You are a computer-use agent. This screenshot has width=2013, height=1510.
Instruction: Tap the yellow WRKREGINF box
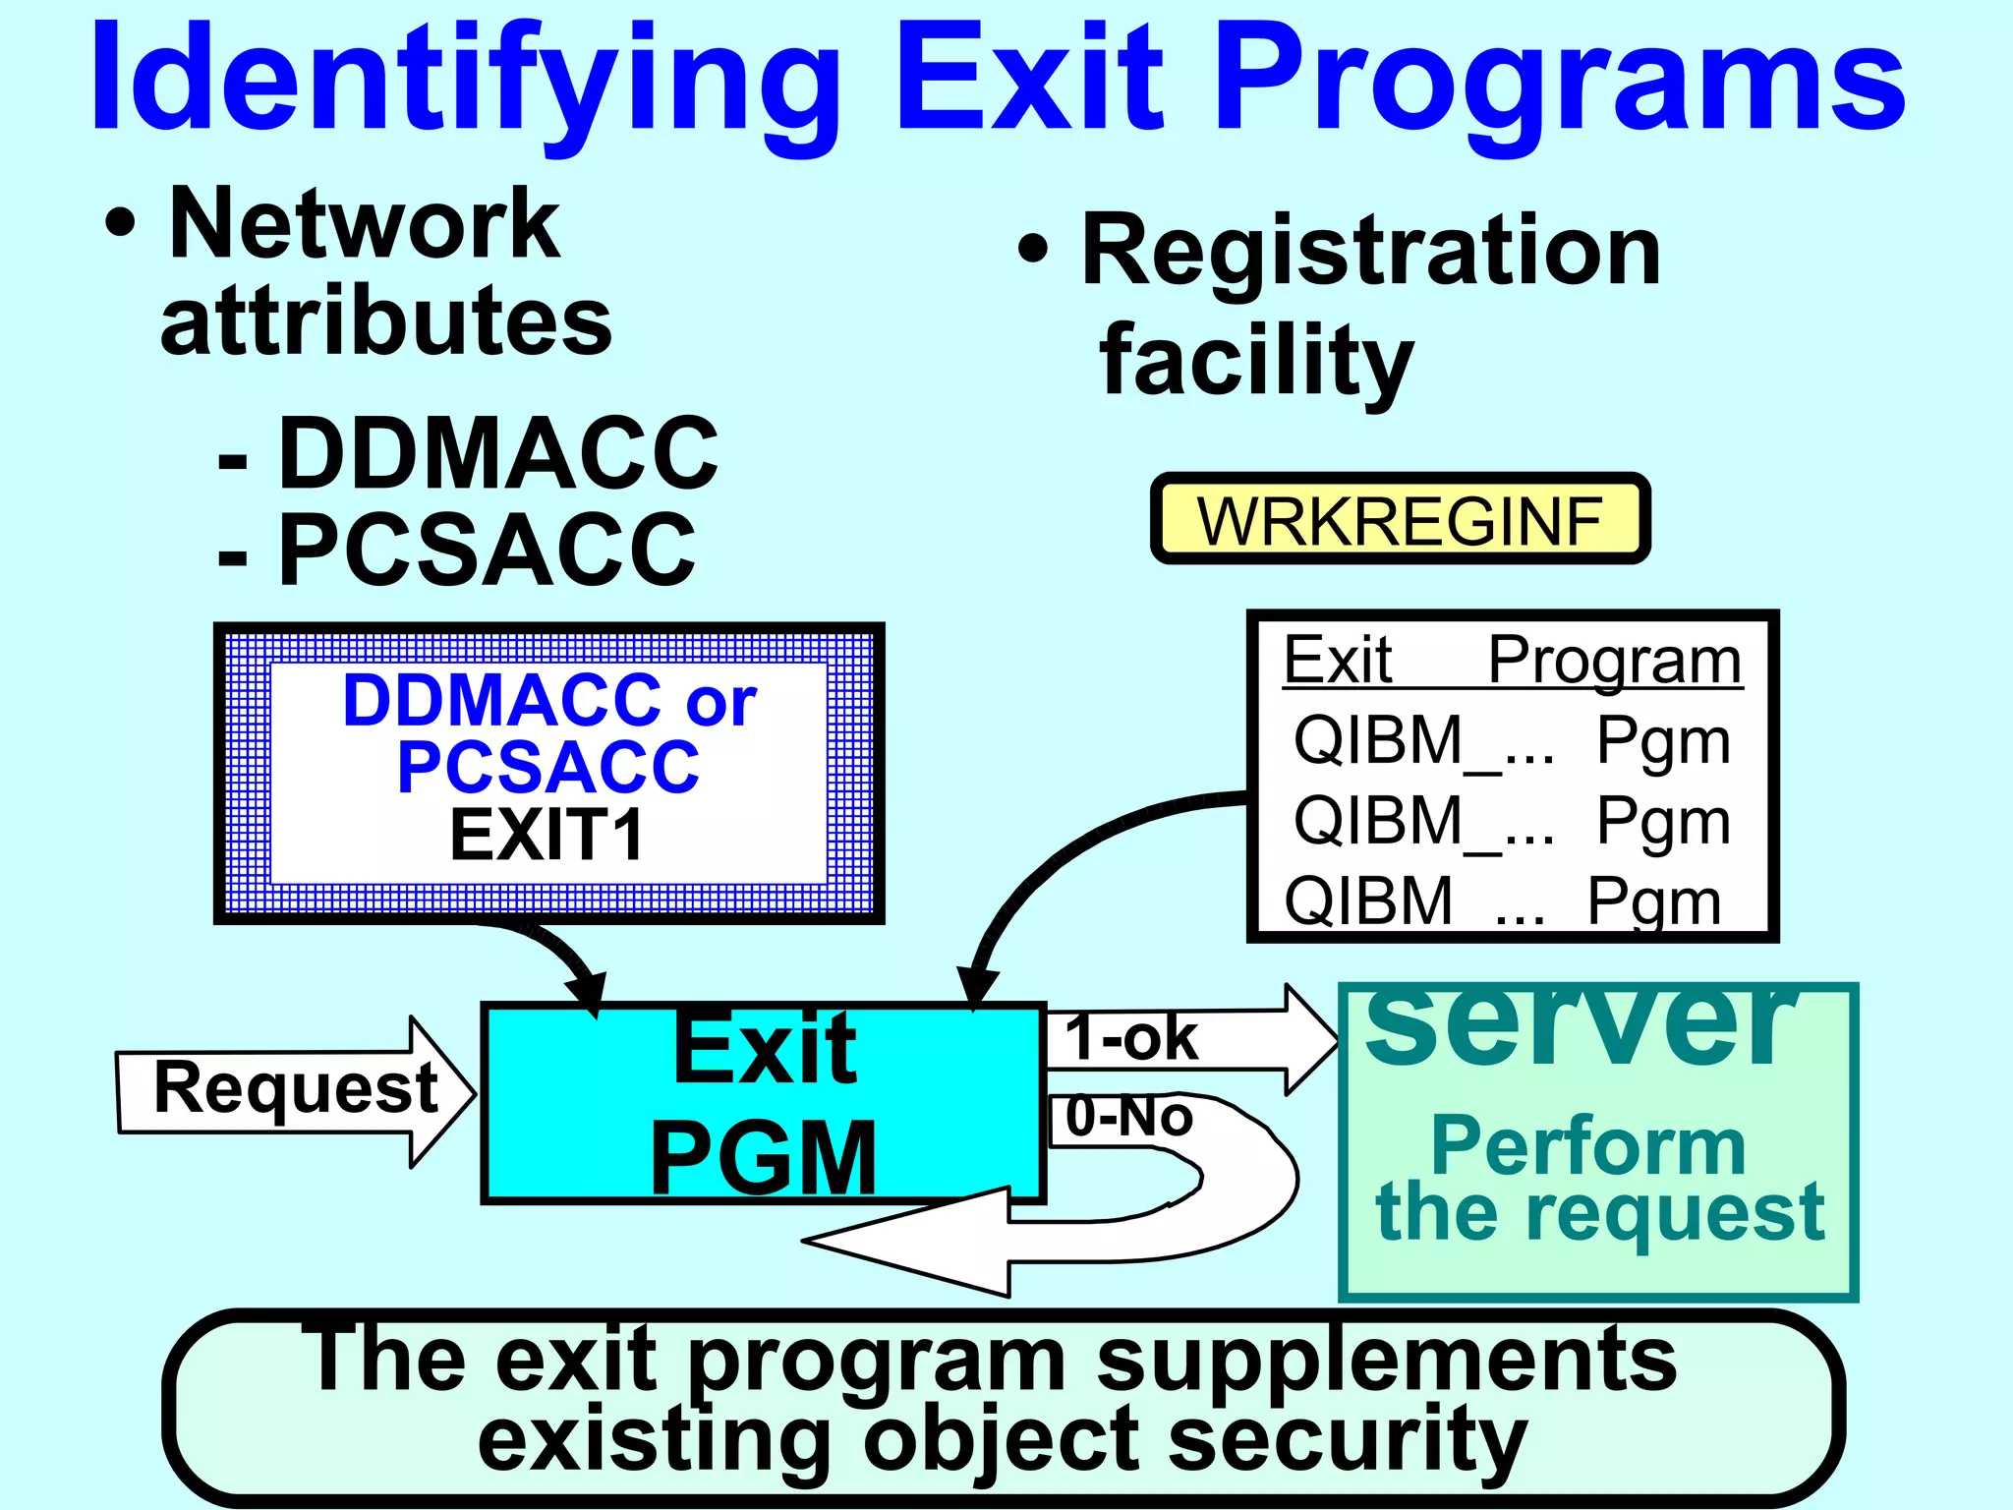(1400, 520)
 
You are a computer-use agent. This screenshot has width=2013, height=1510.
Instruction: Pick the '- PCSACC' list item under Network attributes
(458, 550)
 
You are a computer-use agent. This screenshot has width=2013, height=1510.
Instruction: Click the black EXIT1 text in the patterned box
(546, 836)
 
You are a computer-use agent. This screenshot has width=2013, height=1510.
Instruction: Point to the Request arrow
(295, 1090)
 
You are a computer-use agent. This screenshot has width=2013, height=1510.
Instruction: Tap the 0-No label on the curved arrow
(1129, 1117)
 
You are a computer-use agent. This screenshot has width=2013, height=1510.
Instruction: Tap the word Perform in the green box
(1587, 1146)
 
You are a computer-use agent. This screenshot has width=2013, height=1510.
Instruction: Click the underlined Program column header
(1614, 660)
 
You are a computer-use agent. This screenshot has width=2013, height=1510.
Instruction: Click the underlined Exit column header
(1338, 660)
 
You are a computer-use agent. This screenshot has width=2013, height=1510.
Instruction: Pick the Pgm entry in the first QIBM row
(1663, 740)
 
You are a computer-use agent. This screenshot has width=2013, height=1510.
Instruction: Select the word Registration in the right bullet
(1371, 253)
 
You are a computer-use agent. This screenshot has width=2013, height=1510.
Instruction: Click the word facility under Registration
(1256, 362)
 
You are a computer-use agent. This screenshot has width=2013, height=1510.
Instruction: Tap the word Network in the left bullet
(364, 225)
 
